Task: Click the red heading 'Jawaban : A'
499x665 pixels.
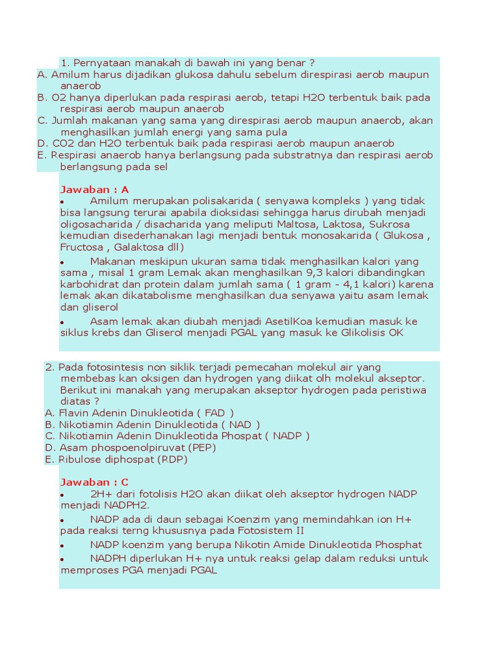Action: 95,190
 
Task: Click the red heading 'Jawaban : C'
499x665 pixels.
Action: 95,482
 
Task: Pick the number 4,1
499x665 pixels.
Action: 355,284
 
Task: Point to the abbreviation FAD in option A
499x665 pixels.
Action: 214,412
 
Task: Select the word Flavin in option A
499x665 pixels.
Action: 74,412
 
